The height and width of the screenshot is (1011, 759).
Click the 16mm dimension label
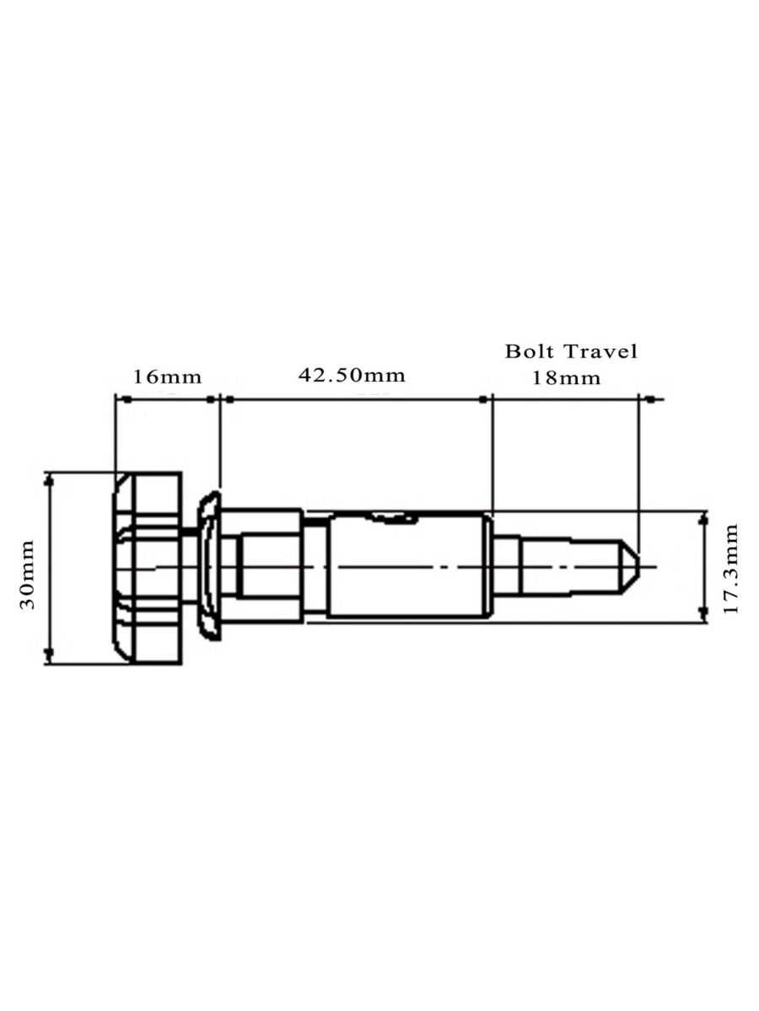pos(168,376)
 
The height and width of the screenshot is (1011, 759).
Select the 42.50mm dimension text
pos(351,374)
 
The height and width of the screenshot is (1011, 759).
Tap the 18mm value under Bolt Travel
pos(566,377)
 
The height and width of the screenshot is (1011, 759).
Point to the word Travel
pos(601,350)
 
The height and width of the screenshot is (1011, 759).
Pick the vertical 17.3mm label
pos(731,568)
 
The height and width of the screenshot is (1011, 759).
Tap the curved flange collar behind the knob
pos(207,567)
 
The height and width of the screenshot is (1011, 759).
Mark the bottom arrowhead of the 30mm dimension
pos(51,657)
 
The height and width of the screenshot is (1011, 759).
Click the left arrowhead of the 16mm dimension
pos(121,399)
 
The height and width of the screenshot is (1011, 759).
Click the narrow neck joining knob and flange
pos(190,530)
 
